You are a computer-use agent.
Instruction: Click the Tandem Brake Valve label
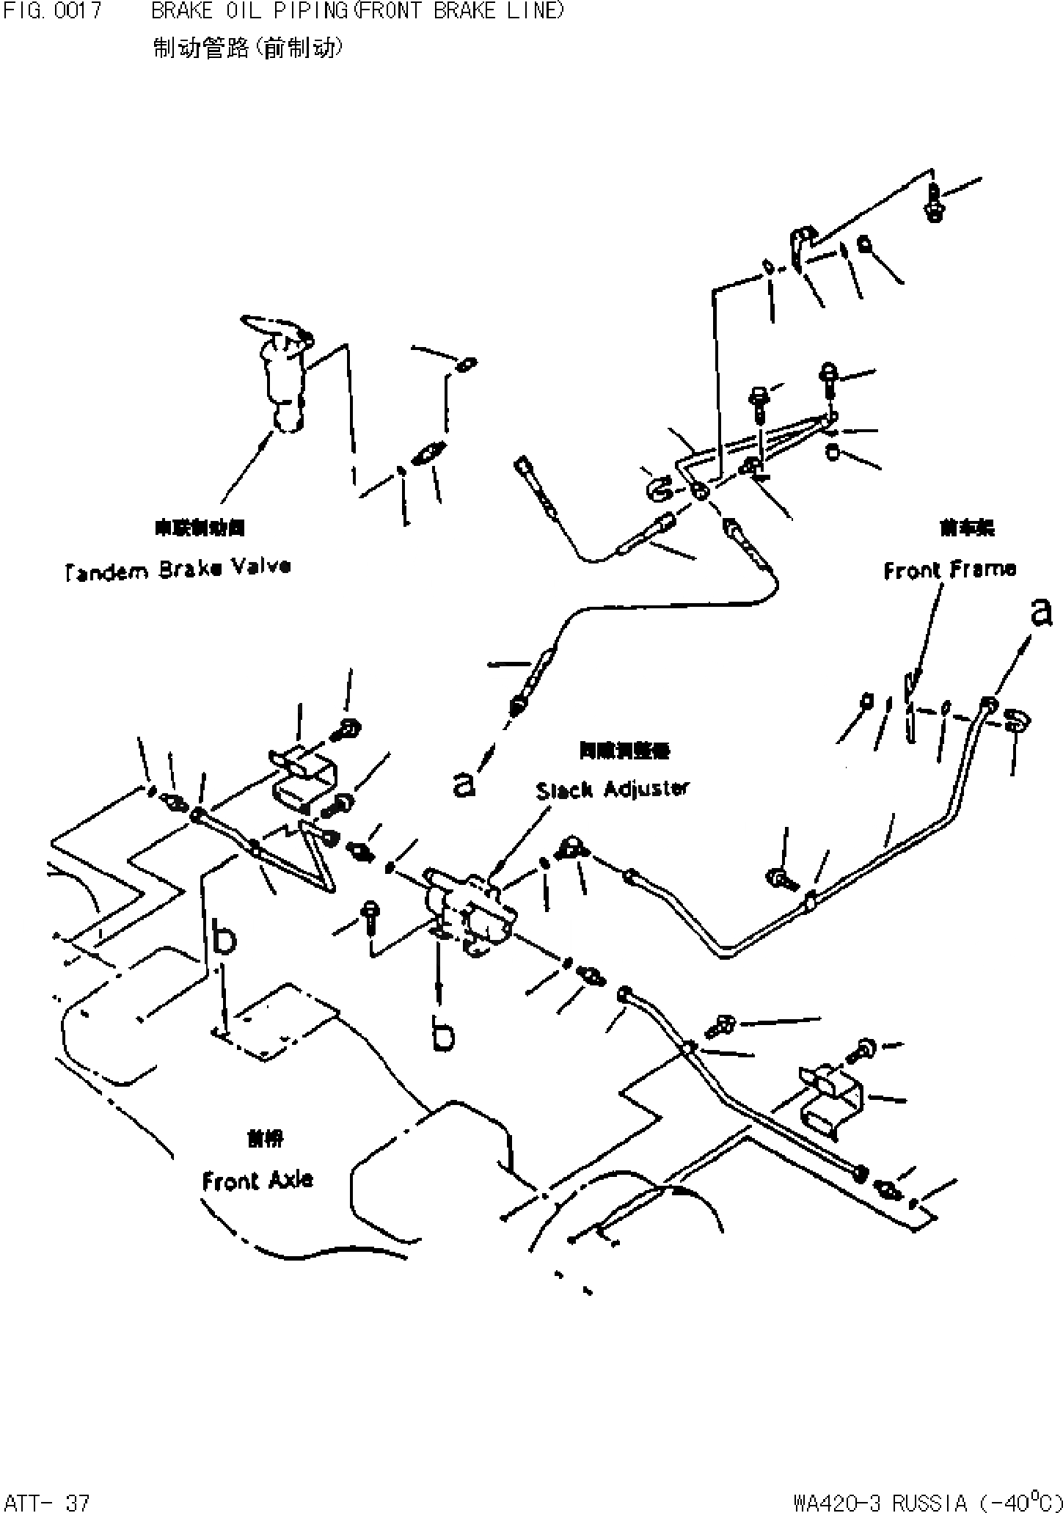(x=177, y=568)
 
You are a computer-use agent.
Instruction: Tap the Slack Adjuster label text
(x=613, y=790)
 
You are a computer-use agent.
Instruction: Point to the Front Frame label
(x=949, y=569)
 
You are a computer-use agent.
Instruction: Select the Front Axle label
(x=257, y=1181)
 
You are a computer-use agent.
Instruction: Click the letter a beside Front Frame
(x=1040, y=613)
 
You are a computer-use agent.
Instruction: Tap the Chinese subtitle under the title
(x=247, y=48)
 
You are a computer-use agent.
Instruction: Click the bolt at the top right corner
(x=933, y=202)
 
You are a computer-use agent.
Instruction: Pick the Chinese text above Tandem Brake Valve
(x=200, y=528)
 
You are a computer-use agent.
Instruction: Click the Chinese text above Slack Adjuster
(x=623, y=751)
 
